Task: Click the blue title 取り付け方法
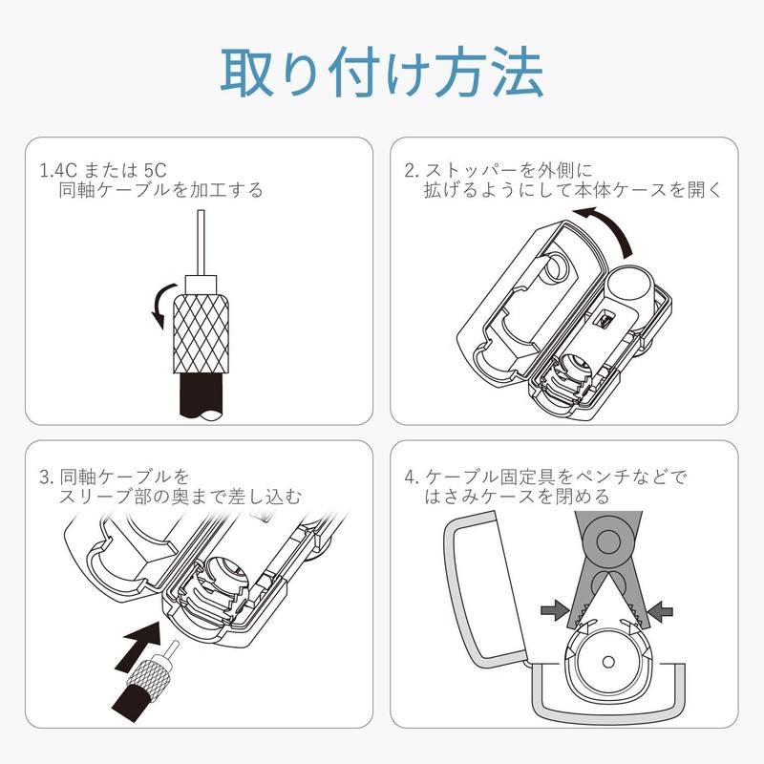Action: pos(383,73)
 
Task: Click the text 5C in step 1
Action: pos(156,171)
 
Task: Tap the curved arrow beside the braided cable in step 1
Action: pos(161,306)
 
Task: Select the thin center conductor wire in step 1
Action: pos(201,244)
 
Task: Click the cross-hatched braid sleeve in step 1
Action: pos(201,333)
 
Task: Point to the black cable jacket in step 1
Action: pos(202,394)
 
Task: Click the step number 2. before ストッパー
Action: pos(412,171)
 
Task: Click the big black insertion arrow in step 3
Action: pos(138,643)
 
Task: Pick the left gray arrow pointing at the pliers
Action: pos(555,609)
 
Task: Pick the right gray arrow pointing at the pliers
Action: pos(659,610)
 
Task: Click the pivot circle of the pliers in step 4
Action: pos(608,542)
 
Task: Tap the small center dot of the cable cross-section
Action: pos(608,662)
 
